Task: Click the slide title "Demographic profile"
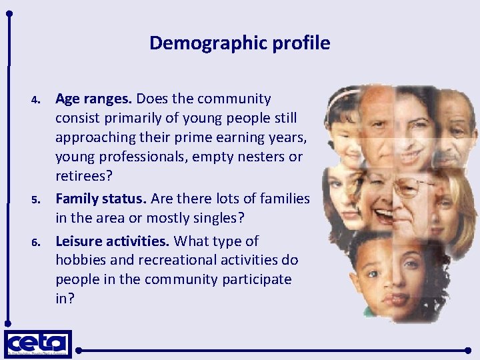239,43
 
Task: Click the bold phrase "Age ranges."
93,99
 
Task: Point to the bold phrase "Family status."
101,199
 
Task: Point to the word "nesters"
259,158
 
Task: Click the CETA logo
38,344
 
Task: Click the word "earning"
215,139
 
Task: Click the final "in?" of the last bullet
65,299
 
